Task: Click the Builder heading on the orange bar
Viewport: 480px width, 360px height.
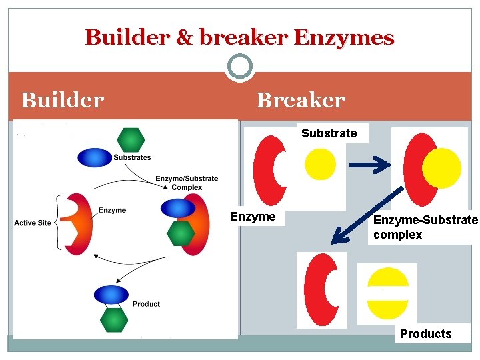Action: pyautogui.click(x=63, y=100)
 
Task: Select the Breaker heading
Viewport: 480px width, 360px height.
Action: pyautogui.click(x=301, y=100)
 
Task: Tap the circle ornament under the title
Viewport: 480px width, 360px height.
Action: pyautogui.click(x=239, y=67)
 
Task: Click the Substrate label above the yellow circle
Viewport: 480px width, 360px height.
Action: pyautogui.click(x=329, y=133)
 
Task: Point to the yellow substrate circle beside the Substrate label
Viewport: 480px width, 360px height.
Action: pyautogui.click(x=320, y=164)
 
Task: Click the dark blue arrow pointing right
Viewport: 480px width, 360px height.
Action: pyautogui.click(x=372, y=165)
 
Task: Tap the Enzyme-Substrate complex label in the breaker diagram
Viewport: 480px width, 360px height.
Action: pyautogui.click(x=425, y=227)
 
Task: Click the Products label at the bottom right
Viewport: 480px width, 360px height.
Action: pyautogui.click(x=425, y=334)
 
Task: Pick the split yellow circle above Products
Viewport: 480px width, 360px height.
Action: pyautogui.click(x=388, y=293)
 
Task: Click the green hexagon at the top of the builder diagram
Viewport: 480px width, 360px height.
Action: pyautogui.click(x=131, y=139)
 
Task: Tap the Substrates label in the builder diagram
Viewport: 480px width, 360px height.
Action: pyautogui.click(x=132, y=158)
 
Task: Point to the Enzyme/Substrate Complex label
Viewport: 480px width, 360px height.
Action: pyautogui.click(x=187, y=183)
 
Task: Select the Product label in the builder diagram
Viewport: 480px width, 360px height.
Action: pyautogui.click(x=146, y=304)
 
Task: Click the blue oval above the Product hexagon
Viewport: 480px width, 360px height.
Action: pyautogui.click(x=111, y=295)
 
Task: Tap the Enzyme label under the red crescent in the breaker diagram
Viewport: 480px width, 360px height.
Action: pyautogui.click(x=253, y=217)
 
